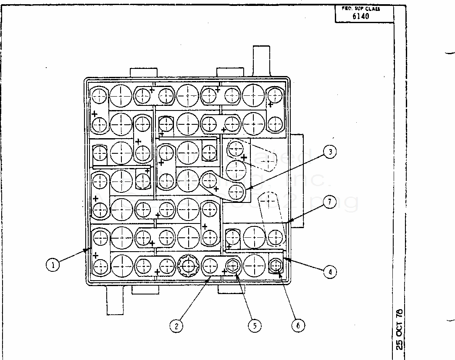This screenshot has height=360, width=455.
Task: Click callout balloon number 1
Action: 53,265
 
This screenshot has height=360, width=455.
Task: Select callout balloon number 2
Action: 177,326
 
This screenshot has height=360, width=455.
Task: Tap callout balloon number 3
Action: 330,152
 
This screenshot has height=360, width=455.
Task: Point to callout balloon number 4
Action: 330,272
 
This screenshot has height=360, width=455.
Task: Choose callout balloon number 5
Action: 255,326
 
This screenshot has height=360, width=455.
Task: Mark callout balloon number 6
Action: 297,326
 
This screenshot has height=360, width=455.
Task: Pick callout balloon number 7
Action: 330,202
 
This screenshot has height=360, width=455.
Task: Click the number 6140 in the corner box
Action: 360,16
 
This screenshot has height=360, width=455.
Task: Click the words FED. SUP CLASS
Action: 363,8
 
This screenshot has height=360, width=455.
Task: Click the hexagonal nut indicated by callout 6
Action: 275,265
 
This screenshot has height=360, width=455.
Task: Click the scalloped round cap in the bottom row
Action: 188,265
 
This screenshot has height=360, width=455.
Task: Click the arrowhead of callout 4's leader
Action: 285,259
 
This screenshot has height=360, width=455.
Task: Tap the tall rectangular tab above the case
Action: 260,61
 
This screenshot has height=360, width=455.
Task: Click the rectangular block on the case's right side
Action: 297,181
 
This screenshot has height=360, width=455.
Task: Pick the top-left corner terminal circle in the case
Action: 100,96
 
